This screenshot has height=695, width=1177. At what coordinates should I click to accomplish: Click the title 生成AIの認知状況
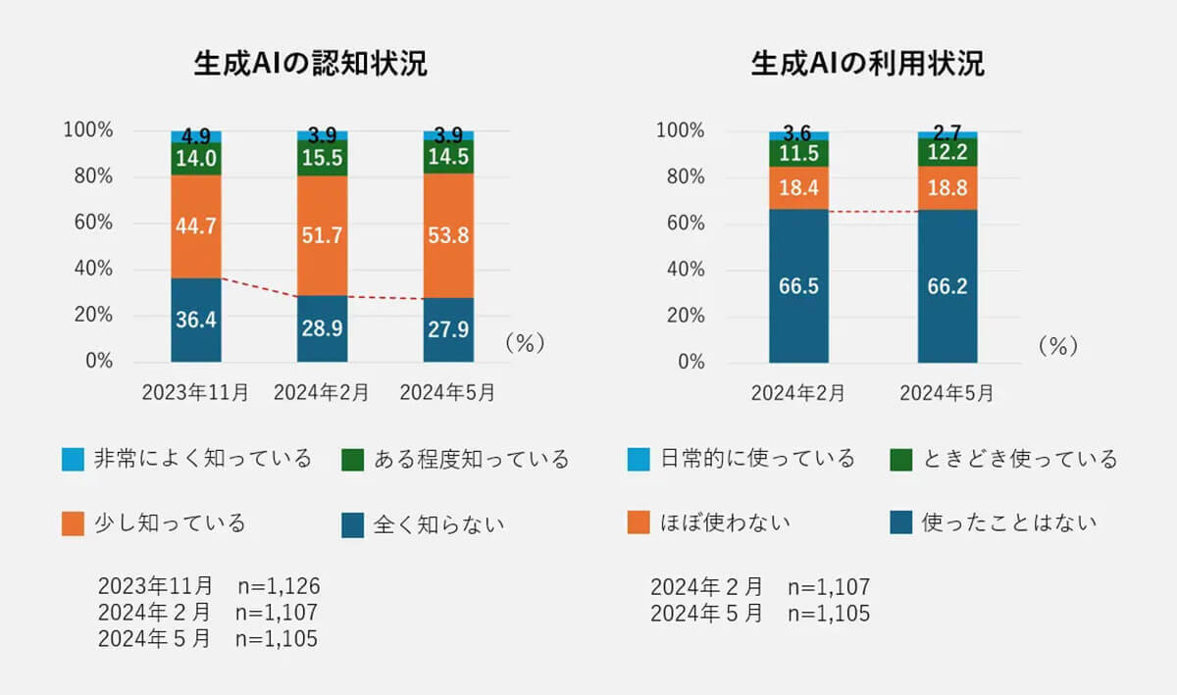311,64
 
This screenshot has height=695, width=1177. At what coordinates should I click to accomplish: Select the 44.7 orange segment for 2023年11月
195,226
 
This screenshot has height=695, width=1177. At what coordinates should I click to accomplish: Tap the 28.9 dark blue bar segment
322,328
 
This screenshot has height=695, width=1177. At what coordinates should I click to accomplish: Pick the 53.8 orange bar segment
448,235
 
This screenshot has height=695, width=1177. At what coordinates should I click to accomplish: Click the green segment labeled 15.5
322,158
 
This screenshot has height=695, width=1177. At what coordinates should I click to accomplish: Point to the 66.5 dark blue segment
798,285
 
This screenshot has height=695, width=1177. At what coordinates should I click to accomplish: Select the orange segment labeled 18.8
947,187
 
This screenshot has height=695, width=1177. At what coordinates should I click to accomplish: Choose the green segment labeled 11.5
798,153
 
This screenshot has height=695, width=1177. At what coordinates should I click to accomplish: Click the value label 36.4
195,321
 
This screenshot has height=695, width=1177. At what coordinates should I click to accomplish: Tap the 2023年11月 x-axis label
195,393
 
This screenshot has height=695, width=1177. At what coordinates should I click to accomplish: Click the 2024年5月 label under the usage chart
947,393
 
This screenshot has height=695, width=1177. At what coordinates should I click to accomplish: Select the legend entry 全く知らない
438,524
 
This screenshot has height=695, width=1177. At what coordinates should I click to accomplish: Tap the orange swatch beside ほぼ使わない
639,523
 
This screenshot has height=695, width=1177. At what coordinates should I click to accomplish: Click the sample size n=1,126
279,586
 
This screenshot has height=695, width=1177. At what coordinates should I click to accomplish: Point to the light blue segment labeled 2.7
947,134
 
